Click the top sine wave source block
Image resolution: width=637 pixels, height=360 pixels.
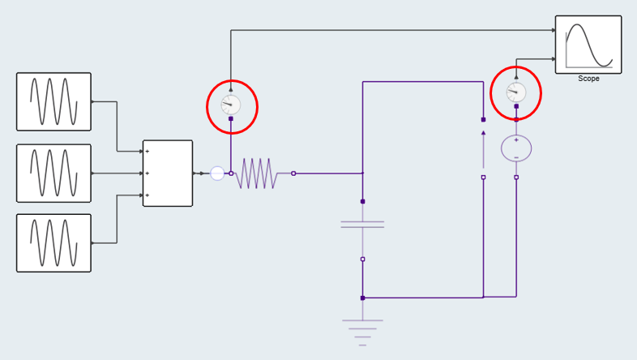(53, 101)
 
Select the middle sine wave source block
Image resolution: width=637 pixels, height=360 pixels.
(53, 173)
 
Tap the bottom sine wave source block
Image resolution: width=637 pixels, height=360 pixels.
(53, 242)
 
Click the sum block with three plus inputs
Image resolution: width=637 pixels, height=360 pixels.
(168, 174)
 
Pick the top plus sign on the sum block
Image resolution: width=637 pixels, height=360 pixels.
(147, 152)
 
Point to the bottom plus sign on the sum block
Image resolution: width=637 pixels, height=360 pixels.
(147, 195)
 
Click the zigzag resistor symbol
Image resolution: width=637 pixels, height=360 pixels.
(256, 174)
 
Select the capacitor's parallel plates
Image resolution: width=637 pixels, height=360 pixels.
(362, 224)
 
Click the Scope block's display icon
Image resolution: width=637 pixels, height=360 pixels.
(588, 45)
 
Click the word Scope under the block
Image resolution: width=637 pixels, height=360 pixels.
(588, 79)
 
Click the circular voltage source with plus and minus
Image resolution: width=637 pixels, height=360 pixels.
(516, 148)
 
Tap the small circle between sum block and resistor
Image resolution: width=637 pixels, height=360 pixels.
(217, 173)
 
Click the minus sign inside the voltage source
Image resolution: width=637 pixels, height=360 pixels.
(516, 156)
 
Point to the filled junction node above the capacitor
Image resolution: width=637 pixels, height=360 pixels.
(362, 201)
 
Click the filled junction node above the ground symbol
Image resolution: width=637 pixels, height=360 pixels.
(362, 298)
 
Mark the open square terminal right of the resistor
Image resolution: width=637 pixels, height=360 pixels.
(293, 173)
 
